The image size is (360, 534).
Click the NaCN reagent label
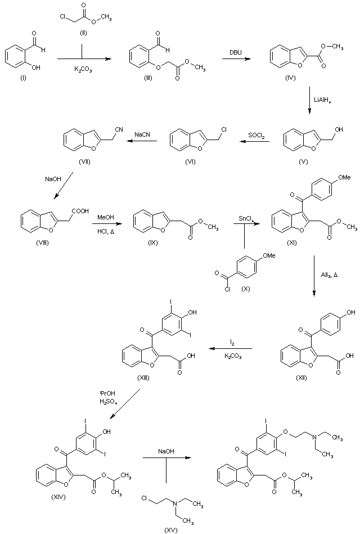(142, 134)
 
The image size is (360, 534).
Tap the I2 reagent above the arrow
(232, 342)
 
